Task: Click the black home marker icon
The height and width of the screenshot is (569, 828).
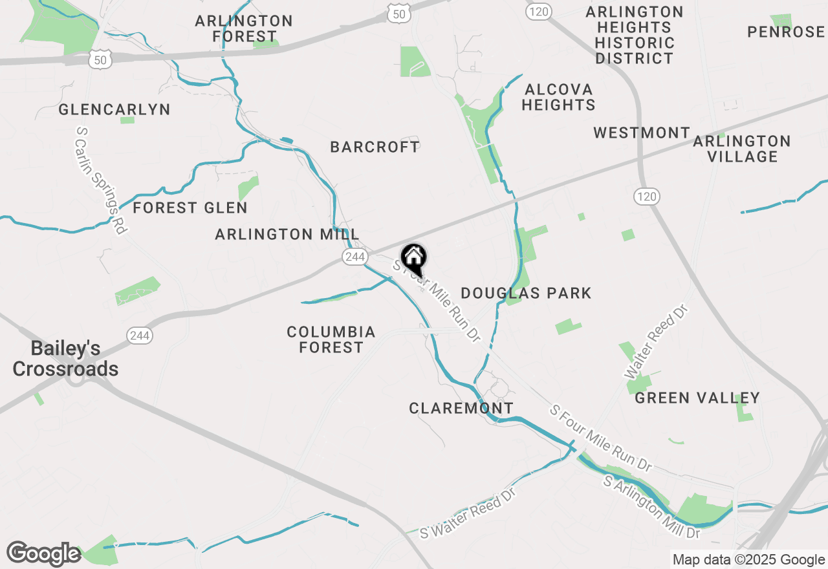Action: (x=414, y=259)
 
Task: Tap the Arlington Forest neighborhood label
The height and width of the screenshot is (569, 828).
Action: (x=244, y=28)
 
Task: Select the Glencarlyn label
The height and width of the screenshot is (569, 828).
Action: (x=114, y=109)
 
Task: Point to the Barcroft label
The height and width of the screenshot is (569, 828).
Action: (x=375, y=147)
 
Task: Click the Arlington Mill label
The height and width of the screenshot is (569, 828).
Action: (x=287, y=234)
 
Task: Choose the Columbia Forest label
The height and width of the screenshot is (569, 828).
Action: (x=331, y=339)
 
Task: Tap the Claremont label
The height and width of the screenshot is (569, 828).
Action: (x=461, y=408)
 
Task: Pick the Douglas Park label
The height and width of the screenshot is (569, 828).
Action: (x=526, y=293)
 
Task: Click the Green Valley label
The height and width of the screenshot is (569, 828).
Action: (x=697, y=398)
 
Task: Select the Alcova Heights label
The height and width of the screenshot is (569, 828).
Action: (x=558, y=97)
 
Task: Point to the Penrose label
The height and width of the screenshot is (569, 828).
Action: (x=785, y=32)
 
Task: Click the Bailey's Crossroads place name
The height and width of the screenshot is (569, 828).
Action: (x=65, y=359)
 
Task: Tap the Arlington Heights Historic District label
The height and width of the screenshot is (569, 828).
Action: (x=635, y=35)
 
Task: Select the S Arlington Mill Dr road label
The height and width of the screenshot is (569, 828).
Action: (x=652, y=508)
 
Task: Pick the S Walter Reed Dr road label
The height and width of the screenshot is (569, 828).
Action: (x=468, y=513)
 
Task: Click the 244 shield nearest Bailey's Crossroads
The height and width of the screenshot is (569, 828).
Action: (x=140, y=336)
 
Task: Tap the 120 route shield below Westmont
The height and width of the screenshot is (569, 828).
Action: (x=646, y=197)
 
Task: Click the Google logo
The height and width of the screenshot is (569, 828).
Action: (x=43, y=554)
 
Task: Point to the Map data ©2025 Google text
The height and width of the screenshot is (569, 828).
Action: (x=748, y=560)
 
